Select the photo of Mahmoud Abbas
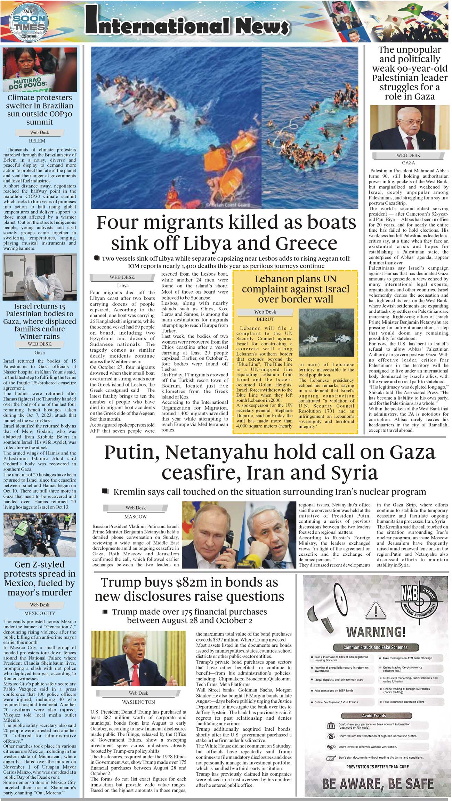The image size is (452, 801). [410, 128]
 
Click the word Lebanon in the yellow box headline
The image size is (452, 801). [274, 279]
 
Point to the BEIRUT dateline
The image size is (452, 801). [265, 319]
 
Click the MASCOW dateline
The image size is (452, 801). [136, 516]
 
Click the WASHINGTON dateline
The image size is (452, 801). [138, 702]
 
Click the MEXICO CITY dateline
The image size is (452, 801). [40, 613]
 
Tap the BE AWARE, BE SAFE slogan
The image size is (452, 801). [378, 784]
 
